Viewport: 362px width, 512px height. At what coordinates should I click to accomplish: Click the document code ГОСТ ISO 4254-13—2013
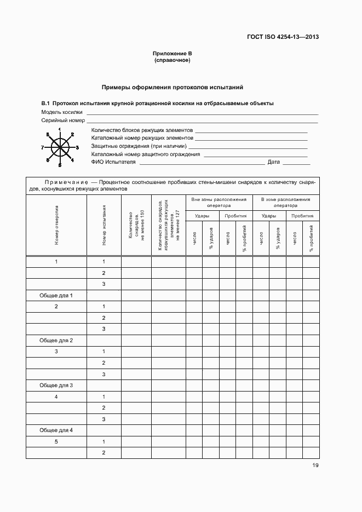tap(284, 37)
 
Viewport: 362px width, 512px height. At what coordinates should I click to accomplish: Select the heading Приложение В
tap(172, 54)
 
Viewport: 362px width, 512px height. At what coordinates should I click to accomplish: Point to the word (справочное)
tap(172, 60)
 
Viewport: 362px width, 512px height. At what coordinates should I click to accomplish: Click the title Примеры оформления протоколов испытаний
tap(173, 88)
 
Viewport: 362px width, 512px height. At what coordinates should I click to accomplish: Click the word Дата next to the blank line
tap(274, 162)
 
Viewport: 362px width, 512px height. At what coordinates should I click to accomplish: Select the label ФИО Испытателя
tap(113, 162)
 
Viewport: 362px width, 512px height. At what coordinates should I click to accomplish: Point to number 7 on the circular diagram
tap(43, 148)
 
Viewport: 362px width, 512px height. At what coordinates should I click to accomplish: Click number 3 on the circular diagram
tap(78, 148)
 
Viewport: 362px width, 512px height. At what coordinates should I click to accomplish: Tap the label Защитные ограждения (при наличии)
tap(139, 147)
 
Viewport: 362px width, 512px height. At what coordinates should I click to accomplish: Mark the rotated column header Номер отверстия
tap(56, 225)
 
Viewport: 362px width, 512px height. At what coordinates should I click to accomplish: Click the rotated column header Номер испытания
tap(104, 225)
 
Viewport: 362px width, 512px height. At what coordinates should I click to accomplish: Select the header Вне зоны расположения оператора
tap(219, 203)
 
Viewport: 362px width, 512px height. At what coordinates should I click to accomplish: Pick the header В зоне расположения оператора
tap(286, 203)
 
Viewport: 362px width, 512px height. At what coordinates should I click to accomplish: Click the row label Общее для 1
tap(56, 295)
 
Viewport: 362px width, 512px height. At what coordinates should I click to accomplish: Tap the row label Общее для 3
tap(56, 385)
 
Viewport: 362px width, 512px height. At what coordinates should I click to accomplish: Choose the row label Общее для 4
tap(56, 430)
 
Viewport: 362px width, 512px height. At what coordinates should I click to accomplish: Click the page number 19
tap(315, 465)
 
